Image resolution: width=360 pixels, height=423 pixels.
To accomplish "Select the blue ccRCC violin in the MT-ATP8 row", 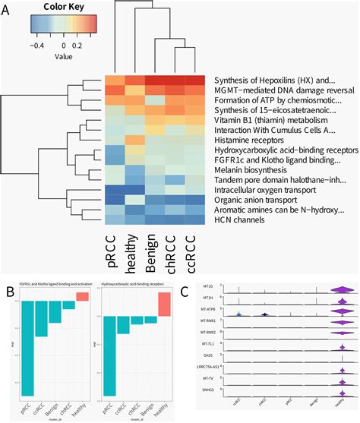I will click(x=238, y=314).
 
